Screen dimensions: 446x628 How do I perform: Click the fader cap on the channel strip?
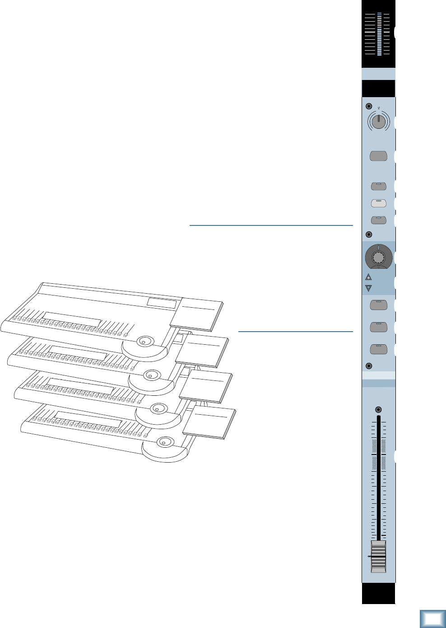pos(378,556)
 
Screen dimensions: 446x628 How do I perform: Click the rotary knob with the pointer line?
pos(378,121)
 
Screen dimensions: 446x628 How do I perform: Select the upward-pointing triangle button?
pos(368,277)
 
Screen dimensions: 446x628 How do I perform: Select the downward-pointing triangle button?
pos(368,288)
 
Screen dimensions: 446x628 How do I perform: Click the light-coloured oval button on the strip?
pos(378,203)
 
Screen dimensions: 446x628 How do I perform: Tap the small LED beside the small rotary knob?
pos(369,107)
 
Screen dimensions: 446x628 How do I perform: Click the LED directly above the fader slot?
pos(378,410)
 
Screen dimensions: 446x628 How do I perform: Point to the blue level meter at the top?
pos(380,34)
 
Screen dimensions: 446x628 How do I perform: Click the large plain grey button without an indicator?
pos(378,156)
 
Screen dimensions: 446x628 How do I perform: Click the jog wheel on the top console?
pos(144,342)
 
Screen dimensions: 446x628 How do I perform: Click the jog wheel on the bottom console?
pos(164,441)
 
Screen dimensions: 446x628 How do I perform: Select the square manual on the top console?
pos(197,314)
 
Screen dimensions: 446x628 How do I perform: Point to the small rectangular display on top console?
pos(162,303)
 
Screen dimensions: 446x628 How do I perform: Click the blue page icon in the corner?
pos(432,619)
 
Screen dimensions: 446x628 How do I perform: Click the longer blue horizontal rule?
pos(271,225)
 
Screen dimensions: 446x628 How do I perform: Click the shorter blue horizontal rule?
pos(295,332)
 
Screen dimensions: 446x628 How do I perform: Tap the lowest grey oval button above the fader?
pos(378,349)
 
